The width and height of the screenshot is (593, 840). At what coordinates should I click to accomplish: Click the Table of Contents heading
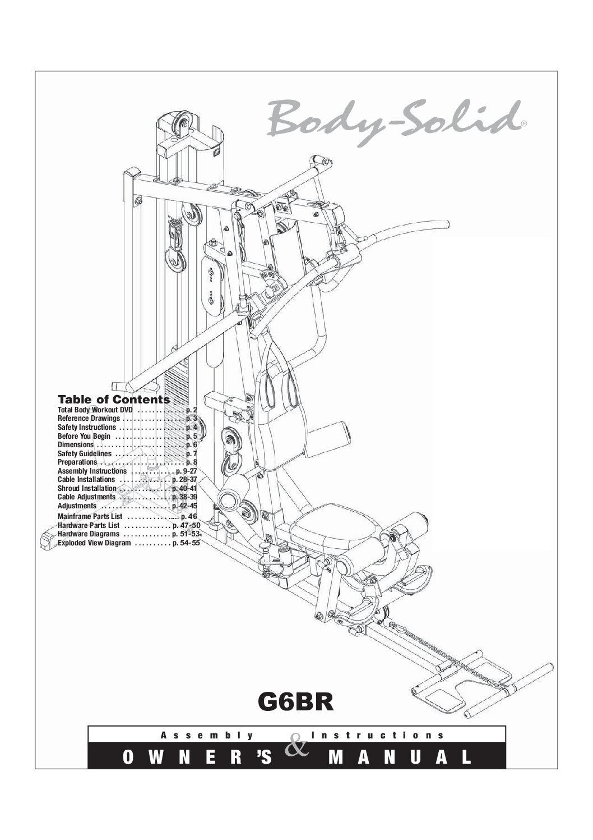click(x=114, y=399)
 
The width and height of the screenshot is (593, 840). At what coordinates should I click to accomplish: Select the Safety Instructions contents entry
click(x=127, y=427)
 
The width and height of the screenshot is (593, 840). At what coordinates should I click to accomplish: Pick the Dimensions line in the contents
click(x=127, y=445)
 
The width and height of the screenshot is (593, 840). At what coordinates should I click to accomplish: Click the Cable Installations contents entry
click(x=127, y=480)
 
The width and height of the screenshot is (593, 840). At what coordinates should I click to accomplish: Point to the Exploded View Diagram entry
click(x=129, y=543)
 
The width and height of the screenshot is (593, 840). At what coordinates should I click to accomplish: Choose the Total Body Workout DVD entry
click(x=127, y=410)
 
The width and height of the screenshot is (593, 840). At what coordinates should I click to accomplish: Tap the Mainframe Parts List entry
click(x=127, y=516)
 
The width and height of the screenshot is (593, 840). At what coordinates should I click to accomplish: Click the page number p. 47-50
click(x=187, y=525)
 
